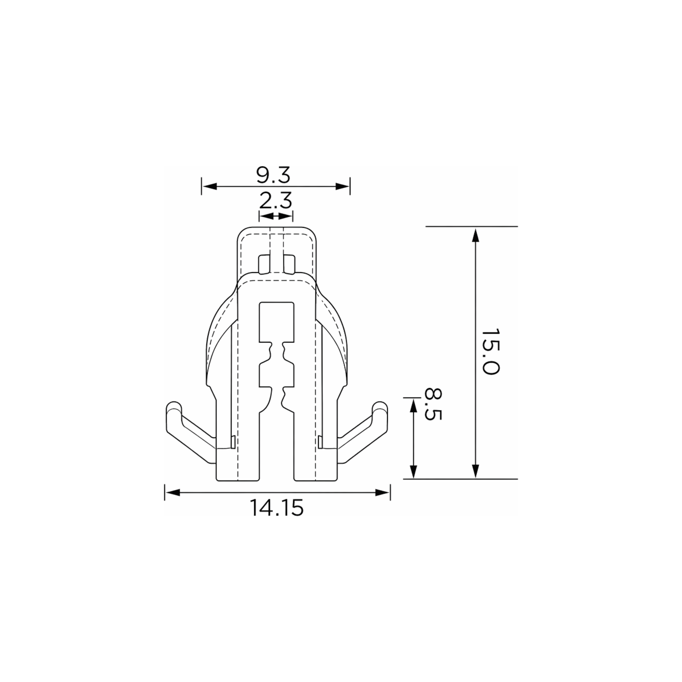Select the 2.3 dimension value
pos(276,201)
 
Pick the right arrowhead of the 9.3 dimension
pos(342,186)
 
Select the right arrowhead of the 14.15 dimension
pos(382,492)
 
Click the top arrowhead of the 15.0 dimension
pos(475,235)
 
